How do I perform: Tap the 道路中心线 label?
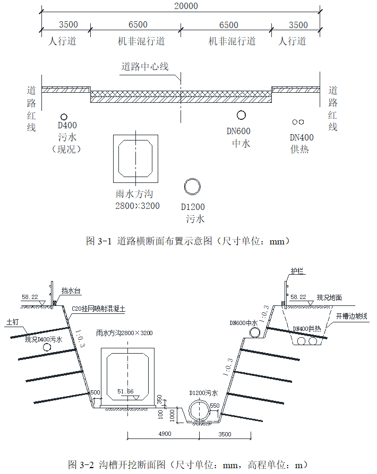coord(145,67)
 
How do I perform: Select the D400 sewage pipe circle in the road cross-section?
coord(64,117)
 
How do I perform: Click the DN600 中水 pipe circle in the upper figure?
coord(241,115)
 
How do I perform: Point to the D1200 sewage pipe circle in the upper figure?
coord(192,186)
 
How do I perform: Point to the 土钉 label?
coord(13,322)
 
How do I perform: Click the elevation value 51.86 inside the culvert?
coord(126,391)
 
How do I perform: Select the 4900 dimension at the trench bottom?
coord(164,434)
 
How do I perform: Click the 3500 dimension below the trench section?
coord(224,434)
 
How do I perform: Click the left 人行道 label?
coord(62,41)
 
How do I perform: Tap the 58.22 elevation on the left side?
coord(30,297)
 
